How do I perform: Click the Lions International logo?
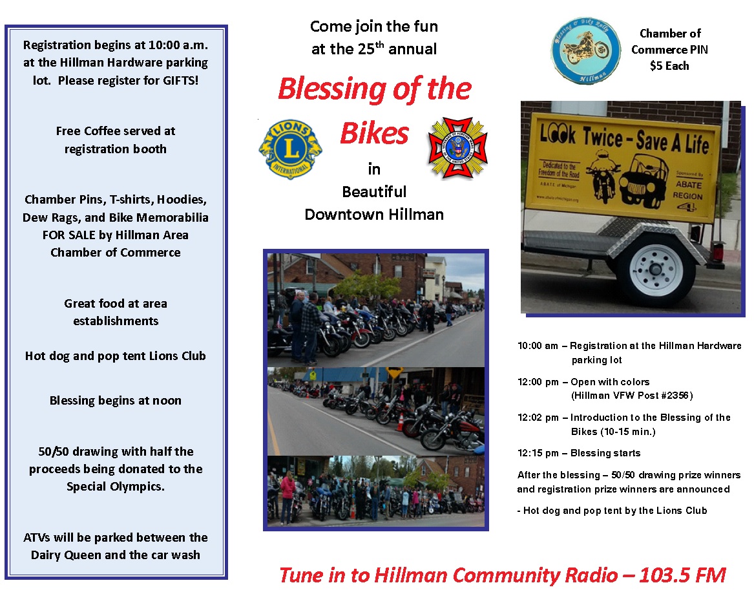(291, 149)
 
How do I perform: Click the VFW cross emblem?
(458, 147)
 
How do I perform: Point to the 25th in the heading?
(371, 48)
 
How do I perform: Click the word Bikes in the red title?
(375, 133)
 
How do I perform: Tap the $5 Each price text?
(669, 66)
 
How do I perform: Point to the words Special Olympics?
(116, 487)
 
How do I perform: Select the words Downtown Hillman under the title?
(374, 215)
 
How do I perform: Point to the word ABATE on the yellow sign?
(689, 185)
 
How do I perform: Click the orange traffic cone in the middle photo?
(400, 421)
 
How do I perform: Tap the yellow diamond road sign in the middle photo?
(395, 373)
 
